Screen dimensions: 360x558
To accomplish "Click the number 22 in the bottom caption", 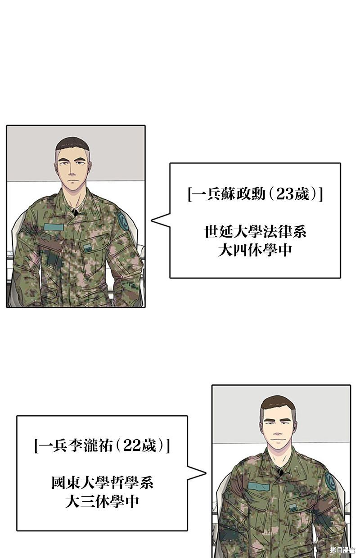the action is (131, 445).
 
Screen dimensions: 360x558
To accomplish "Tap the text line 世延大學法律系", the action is (255, 231).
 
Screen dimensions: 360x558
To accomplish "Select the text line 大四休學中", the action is (255, 250).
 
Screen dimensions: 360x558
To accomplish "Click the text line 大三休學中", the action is (102, 502).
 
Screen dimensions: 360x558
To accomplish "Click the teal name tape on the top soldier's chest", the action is (54, 227).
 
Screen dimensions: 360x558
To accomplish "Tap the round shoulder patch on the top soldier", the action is (122, 221).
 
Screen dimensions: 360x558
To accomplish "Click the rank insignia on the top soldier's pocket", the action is (87, 248).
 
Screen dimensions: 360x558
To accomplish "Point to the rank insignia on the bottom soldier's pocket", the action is (293, 508).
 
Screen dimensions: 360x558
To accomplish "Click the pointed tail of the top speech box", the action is (152, 220).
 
